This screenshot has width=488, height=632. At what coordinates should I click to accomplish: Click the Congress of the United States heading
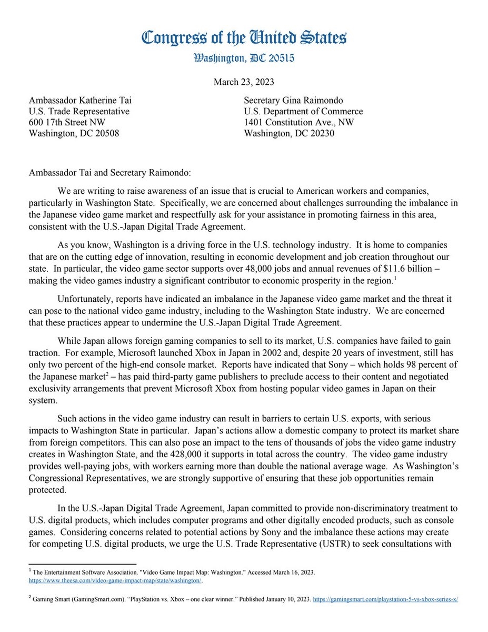pos(244,38)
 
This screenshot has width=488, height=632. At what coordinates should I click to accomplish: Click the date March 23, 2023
pos(244,82)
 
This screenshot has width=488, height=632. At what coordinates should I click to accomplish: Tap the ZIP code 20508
pos(105,133)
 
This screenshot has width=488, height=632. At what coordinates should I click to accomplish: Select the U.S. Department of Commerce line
pos(303,111)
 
